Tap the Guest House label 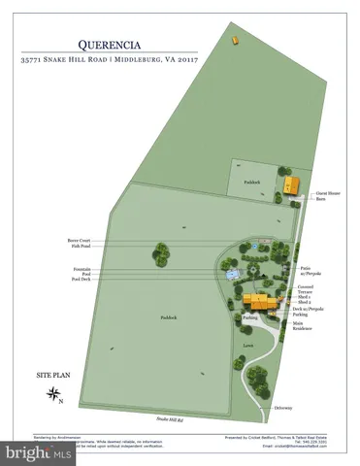pyautogui.click(x=326, y=193)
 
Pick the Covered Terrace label pyautogui.click(x=307, y=289)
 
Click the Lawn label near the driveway pyautogui.click(x=248, y=343)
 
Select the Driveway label pyautogui.click(x=283, y=408)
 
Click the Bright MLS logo pyautogui.click(x=39, y=452)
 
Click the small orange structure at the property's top pyautogui.click(x=234, y=40)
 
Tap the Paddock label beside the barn pyautogui.click(x=252, y=182)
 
